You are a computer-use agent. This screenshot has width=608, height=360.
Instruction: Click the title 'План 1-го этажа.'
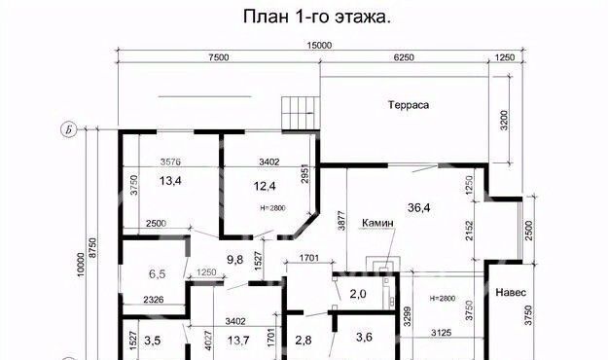click(317, 17)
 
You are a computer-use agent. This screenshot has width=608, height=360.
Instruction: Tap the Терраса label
click(409, 105)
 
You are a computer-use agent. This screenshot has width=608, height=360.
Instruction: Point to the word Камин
click(377, 223)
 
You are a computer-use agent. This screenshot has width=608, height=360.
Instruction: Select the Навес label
click(511, 292)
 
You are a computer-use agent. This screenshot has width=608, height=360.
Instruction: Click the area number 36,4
click(418, 208)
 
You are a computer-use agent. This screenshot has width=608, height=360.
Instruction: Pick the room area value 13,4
click(170, 181)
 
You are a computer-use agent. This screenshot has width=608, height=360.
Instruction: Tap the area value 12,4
click(265, 186)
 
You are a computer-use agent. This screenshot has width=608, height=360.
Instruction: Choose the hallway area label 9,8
click(235, 259)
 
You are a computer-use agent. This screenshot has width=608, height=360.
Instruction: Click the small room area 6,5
click(157, 274)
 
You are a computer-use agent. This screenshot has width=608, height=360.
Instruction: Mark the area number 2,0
click(358, 294)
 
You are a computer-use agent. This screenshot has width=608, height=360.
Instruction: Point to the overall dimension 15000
click(319, 46)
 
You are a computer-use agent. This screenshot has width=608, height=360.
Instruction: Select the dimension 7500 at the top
click(219, 57)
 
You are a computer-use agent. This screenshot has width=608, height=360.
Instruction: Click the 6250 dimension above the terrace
click(404, 57)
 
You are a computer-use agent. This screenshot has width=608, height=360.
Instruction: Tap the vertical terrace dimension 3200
click(503, 121)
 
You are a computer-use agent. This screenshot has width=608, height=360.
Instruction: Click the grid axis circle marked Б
click(69, 130)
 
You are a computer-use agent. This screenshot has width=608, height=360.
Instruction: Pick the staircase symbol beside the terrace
click(301, 113)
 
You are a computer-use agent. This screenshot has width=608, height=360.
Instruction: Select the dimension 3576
click(170, 162)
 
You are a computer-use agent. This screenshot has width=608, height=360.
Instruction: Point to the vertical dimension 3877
click(340, 220)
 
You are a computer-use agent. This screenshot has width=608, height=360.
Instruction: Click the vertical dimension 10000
click(81, 265)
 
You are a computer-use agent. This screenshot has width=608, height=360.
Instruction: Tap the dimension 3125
click(442, 333)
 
